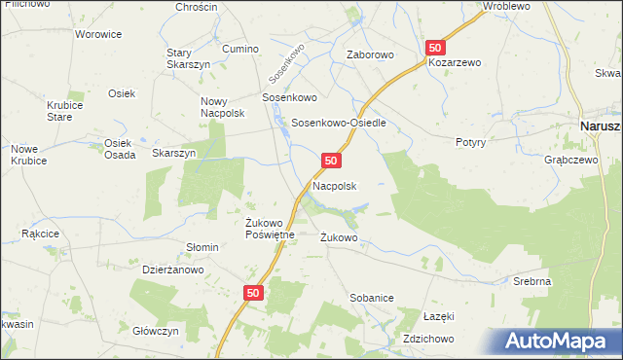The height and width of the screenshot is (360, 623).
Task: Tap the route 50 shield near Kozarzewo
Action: point(435,47)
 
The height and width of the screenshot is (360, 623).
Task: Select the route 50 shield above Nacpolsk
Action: point(332,160)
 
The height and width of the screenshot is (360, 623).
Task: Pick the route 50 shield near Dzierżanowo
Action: point(253,292)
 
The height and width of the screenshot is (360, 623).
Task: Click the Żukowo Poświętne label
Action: point(263,229)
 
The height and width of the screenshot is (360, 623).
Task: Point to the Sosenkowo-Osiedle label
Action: point(340,124)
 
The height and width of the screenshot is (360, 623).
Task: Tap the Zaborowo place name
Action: point(370,55)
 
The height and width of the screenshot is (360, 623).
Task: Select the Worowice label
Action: point(98,34)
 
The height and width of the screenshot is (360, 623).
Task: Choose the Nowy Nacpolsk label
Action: point(222,107)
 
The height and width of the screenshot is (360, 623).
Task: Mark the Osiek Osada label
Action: point(119,148)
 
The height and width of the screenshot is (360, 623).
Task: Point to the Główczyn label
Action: point(156,331)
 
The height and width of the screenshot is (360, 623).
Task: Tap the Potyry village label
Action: point(470,142)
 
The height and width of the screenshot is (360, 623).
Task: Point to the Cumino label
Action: point(240,49)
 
